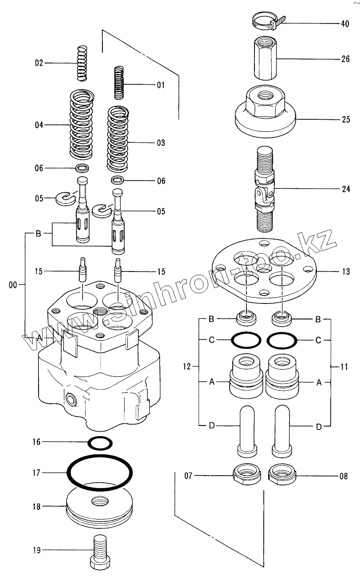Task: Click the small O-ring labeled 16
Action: [x=100, y=442]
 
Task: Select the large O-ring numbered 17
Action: [x=100, y=473]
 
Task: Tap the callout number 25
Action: [x=345, y=119]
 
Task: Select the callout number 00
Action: [x=13, y=285]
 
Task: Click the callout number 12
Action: [x=187, y=366]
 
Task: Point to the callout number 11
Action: [x=344, y=367]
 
